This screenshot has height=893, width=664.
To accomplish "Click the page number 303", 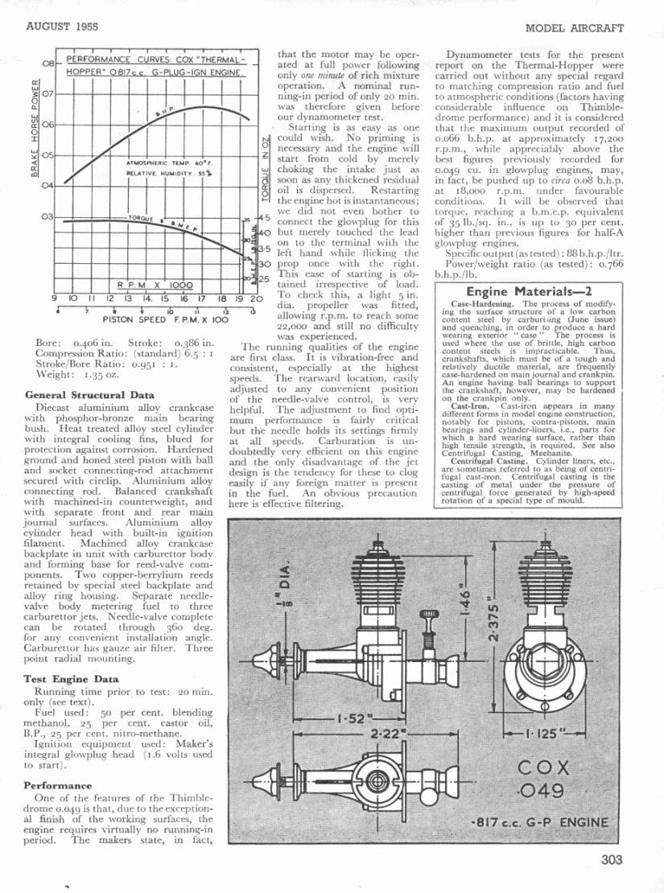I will pyautogui.click(x=611, y=859).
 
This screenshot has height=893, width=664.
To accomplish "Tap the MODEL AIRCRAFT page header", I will pyautogui.click(x=574, y=27).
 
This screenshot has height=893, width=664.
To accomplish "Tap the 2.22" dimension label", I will pyautogui.click(x=386, y=734).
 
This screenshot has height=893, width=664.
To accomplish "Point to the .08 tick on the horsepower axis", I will pyautogui.click(x=47, y=64).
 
